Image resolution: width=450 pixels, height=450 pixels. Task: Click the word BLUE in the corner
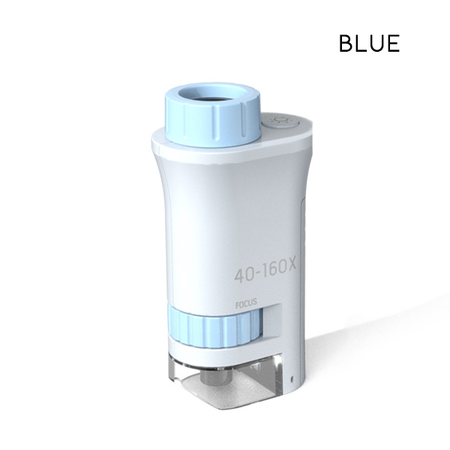(369, 43)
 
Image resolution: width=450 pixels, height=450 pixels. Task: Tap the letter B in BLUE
(346, 43)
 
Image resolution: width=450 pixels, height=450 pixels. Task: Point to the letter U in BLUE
(377, 43)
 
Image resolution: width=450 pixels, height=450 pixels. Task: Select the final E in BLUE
(392, 43)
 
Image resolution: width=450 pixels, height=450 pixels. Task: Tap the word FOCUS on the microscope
(244, 305)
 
